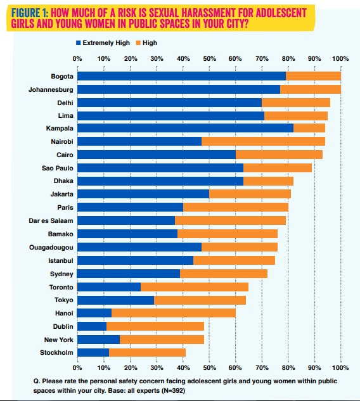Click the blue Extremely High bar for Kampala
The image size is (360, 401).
[186, 128]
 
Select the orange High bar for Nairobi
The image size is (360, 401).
[263, 141]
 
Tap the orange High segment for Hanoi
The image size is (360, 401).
[174, 313]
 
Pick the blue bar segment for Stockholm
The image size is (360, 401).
[93, 352]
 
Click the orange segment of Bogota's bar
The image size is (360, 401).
[314, 76]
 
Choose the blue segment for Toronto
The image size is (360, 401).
[109, 287]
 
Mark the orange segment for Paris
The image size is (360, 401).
[236, 207]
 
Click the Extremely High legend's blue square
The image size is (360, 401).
[79, 43]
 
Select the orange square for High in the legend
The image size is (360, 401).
[138, 43]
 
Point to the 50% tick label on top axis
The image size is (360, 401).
[209, 59]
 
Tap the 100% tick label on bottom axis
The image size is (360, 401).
[340, 368]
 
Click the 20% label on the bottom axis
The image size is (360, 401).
[131, 368]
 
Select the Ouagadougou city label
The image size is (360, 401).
[51, 247]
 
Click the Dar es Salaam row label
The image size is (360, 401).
[51, 220]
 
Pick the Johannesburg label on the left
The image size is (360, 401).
[51, 90]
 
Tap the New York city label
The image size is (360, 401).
[58, 340]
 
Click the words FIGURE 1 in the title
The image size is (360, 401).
[29, 13]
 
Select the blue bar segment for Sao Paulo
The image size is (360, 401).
[160, 168]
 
